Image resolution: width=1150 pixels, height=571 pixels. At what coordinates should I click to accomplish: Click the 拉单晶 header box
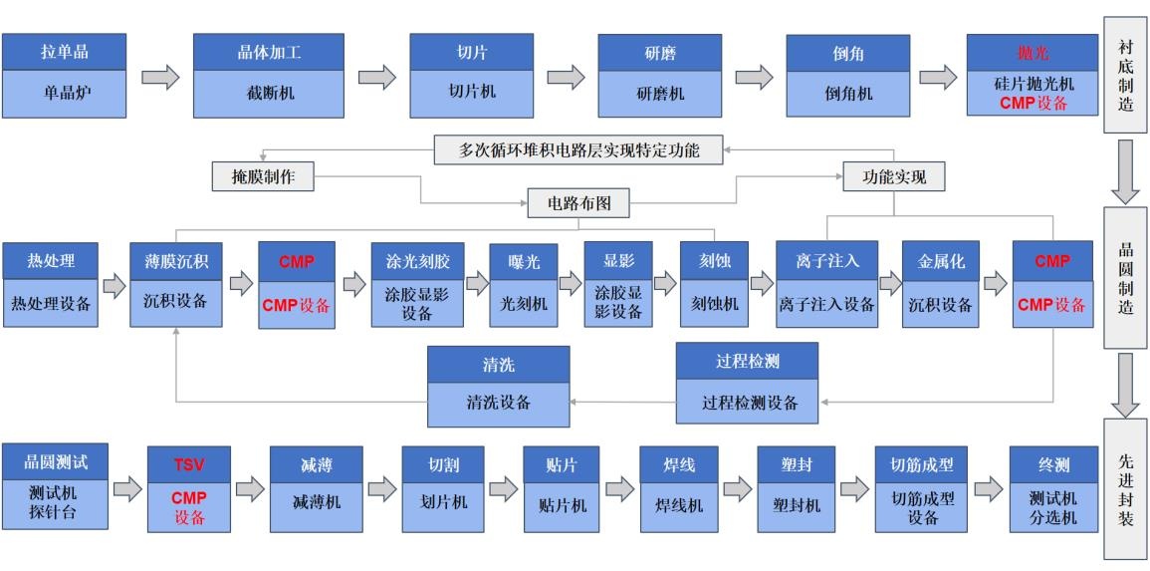click(65, 52)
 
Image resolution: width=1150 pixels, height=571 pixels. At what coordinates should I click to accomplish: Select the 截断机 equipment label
click(269, 94)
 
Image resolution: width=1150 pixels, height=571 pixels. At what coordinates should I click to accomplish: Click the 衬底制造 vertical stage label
click(1125, 76)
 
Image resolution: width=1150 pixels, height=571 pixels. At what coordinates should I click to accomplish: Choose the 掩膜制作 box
click(263, 177)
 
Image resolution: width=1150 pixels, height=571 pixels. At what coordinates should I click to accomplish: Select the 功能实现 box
click(893, 177)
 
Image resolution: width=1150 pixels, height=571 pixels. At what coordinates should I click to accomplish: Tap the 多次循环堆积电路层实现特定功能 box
click(578, 150)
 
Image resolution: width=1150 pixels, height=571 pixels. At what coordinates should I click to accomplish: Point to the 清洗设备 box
click(498, 404)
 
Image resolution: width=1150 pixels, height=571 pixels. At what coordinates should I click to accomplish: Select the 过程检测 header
click(746, 362)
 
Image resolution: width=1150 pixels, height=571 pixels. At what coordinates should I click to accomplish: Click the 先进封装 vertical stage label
click(1125, 488)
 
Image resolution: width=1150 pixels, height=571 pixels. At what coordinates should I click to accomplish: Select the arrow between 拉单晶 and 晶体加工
click(160, 77)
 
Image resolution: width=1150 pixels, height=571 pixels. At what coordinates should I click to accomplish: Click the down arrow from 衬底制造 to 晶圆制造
click(1126, 170)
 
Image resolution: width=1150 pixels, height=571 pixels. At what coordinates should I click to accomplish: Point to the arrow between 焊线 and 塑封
click(738, 488)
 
